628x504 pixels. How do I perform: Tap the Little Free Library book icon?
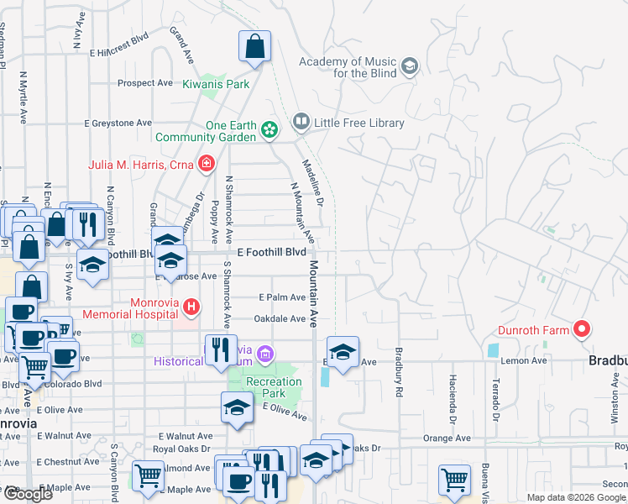click(x=301, y=123)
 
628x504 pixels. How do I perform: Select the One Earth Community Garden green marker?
click(x=269, y=130)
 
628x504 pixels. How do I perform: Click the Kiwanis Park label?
click(x=217, y=85)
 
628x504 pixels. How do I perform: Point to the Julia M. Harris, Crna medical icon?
click(x=206, y=164)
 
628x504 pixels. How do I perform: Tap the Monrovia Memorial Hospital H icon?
click(x=191, y=307)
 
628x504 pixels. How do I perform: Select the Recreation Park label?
click(x=274, y=388)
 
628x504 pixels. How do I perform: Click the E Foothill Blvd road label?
click(x=271, y=252)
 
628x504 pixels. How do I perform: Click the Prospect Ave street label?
click(x=145, y=83)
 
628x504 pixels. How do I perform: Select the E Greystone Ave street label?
click(x=118, y=123)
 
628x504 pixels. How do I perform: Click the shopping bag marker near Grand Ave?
click(x=254, y=47)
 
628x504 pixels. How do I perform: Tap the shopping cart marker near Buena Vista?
click(x=454, y=480)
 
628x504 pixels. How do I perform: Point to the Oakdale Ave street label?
click(x=280, y=319)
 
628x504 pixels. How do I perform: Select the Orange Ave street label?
click(x=447, y=438)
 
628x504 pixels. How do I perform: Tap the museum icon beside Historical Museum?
click(x=266, y=354)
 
